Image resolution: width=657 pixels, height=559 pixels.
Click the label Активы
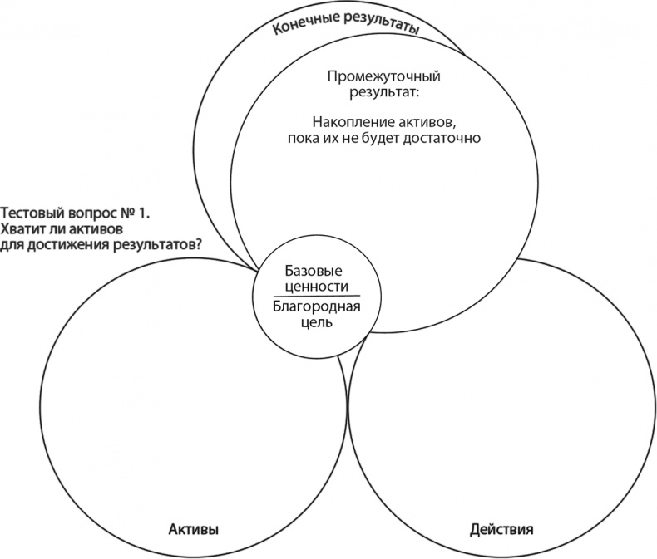tap(193, 529)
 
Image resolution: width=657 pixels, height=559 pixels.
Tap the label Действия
tap(501, 529)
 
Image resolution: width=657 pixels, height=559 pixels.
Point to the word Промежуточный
tap(383, 76)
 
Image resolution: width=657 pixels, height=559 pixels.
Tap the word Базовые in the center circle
tap(314, 272)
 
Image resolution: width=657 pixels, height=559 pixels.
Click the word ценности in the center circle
tap(314, 286)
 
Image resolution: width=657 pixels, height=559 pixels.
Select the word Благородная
tap(314, 306)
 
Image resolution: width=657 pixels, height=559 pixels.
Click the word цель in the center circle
tap(314, 321)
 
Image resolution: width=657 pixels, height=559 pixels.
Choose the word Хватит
tap(26, 228)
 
